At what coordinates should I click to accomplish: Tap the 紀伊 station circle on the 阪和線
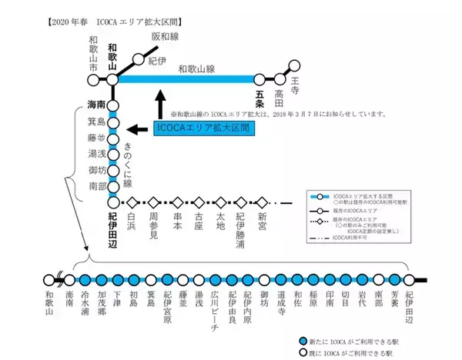pyautogui.click(x=139, y=57)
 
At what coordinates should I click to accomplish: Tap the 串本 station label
pyautogui.click(x=176, y=223)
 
